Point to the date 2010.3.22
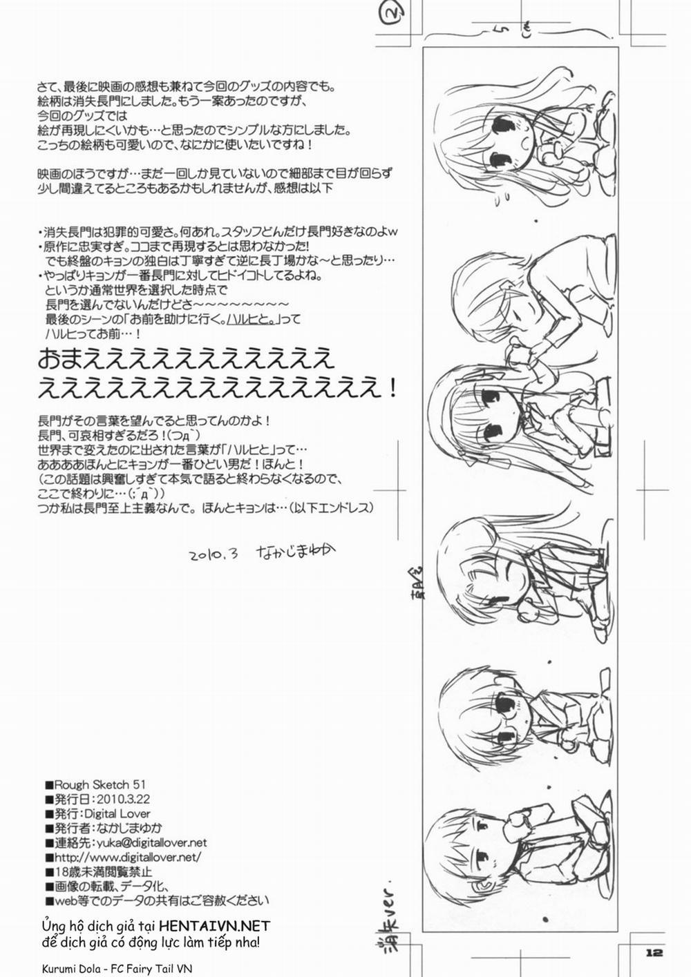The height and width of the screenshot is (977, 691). click(x=121, y=799)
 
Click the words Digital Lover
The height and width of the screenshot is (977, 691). click(x=117, y=813)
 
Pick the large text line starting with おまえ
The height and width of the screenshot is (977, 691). click(x=187, y=359)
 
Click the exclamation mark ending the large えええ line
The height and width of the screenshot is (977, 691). click(x=392, y=387)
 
